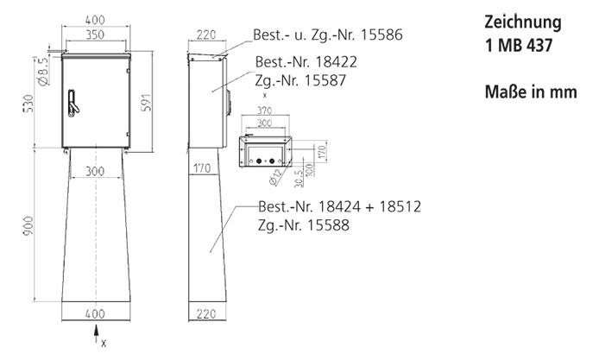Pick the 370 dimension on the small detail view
[264, 111]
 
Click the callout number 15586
[381, 35]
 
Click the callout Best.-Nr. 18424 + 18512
[333, 208]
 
